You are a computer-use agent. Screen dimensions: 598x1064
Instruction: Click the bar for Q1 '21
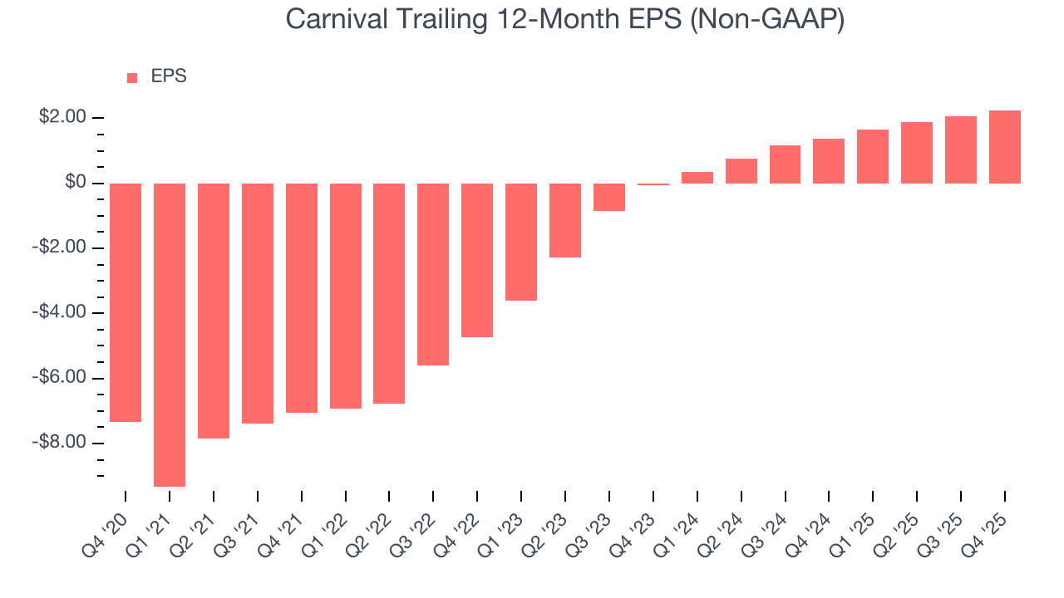point(170,335)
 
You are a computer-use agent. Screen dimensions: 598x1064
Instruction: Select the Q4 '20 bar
point(126,302)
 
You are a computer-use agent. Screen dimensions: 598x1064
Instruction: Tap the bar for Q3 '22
point(433,274)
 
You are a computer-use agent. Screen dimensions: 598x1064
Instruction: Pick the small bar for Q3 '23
point(609,197)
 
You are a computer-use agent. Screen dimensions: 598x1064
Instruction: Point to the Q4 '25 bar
point(1005,147)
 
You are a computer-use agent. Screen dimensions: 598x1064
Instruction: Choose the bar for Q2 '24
point(741,171)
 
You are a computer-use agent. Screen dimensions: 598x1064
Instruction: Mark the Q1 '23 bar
point(521,242)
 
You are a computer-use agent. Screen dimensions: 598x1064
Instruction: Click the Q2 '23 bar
point(565,220)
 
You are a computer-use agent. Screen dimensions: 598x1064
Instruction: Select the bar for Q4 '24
point(829,161)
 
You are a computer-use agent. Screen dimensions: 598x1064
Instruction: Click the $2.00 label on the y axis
point(62,118)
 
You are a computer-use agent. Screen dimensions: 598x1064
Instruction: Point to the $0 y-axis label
point(76,183)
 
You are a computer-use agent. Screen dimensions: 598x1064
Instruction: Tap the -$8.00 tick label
point(60,443)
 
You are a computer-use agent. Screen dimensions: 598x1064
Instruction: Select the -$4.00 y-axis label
point(60,313)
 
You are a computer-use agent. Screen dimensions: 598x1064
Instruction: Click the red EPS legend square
point(132,77)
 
